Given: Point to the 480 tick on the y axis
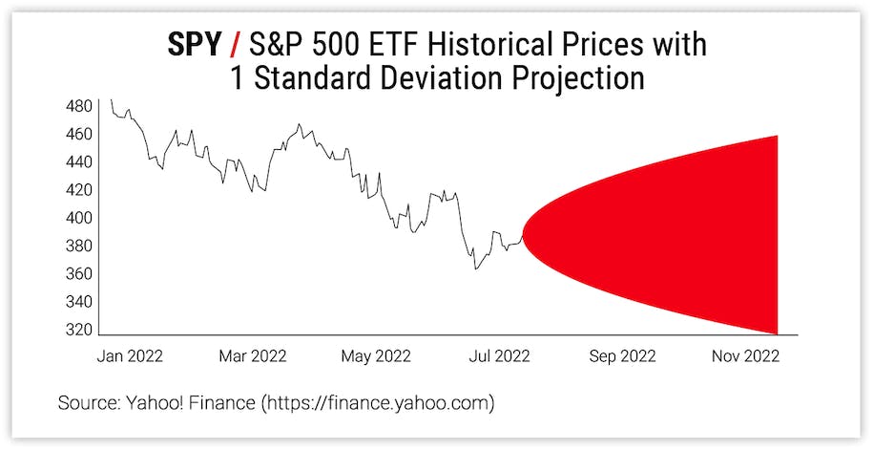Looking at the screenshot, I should pyautogui.click(x=80, y=105).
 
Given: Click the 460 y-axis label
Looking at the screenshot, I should pyautogui.click(x=80, y=134).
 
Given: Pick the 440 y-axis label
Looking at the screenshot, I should pyautogui.click(x=80, y=162).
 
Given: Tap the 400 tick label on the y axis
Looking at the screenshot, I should pyautogui.click(x=80, y=218).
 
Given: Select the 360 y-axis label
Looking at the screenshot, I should pyautogui.click(x=80, y=274).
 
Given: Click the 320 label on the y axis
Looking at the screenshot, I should pyautogui.click(x=80, y=330).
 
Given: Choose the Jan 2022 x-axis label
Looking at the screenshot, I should pyautogui.click(x=130, y=356).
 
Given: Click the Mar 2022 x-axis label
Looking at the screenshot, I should pyautogui.click(x=253, y=356).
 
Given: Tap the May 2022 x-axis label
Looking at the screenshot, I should pyautogui.click(x=376, y=356).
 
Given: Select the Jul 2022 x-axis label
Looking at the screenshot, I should pyautogui.click(x=499, y=356).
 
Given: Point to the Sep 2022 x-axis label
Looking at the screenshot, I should pyautogui.click(x=622, y=356).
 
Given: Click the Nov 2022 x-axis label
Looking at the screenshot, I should pyautogui.click(x=745, y=356).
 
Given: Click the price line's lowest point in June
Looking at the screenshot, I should pyautogui.click(x=475, y=269).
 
